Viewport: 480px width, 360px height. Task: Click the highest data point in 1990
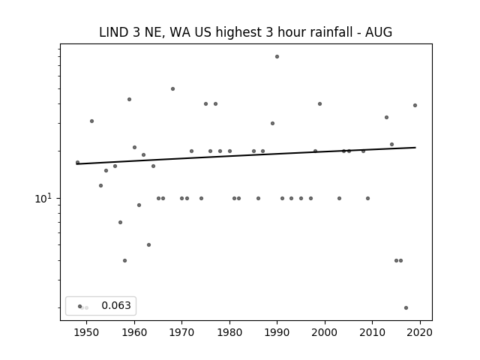click(277, 57)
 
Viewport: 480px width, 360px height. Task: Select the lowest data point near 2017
click(406, 308)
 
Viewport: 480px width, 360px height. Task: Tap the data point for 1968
click(172, 88)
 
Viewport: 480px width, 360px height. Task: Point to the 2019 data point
click(415, 105)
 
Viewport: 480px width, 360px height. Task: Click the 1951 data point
click(91, 121)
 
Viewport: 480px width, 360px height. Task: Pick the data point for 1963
click(148, 245)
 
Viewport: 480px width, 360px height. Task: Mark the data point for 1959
click(130, 100)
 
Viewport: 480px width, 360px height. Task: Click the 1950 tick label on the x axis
click(87, 332)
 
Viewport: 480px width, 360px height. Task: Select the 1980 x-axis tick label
click(229, 332)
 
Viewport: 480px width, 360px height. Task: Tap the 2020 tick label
click(420, 332)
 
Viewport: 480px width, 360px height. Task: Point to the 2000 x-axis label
click(325, 332)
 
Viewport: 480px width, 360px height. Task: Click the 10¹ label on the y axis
click(43, 198)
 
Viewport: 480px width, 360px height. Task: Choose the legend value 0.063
click(116, 305)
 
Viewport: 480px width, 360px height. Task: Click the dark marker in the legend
click(80, 307)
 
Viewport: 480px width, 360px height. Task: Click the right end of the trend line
click(415, 148)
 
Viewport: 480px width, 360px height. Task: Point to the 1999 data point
click(320, 103)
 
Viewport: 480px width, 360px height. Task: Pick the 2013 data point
click(387, 118)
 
